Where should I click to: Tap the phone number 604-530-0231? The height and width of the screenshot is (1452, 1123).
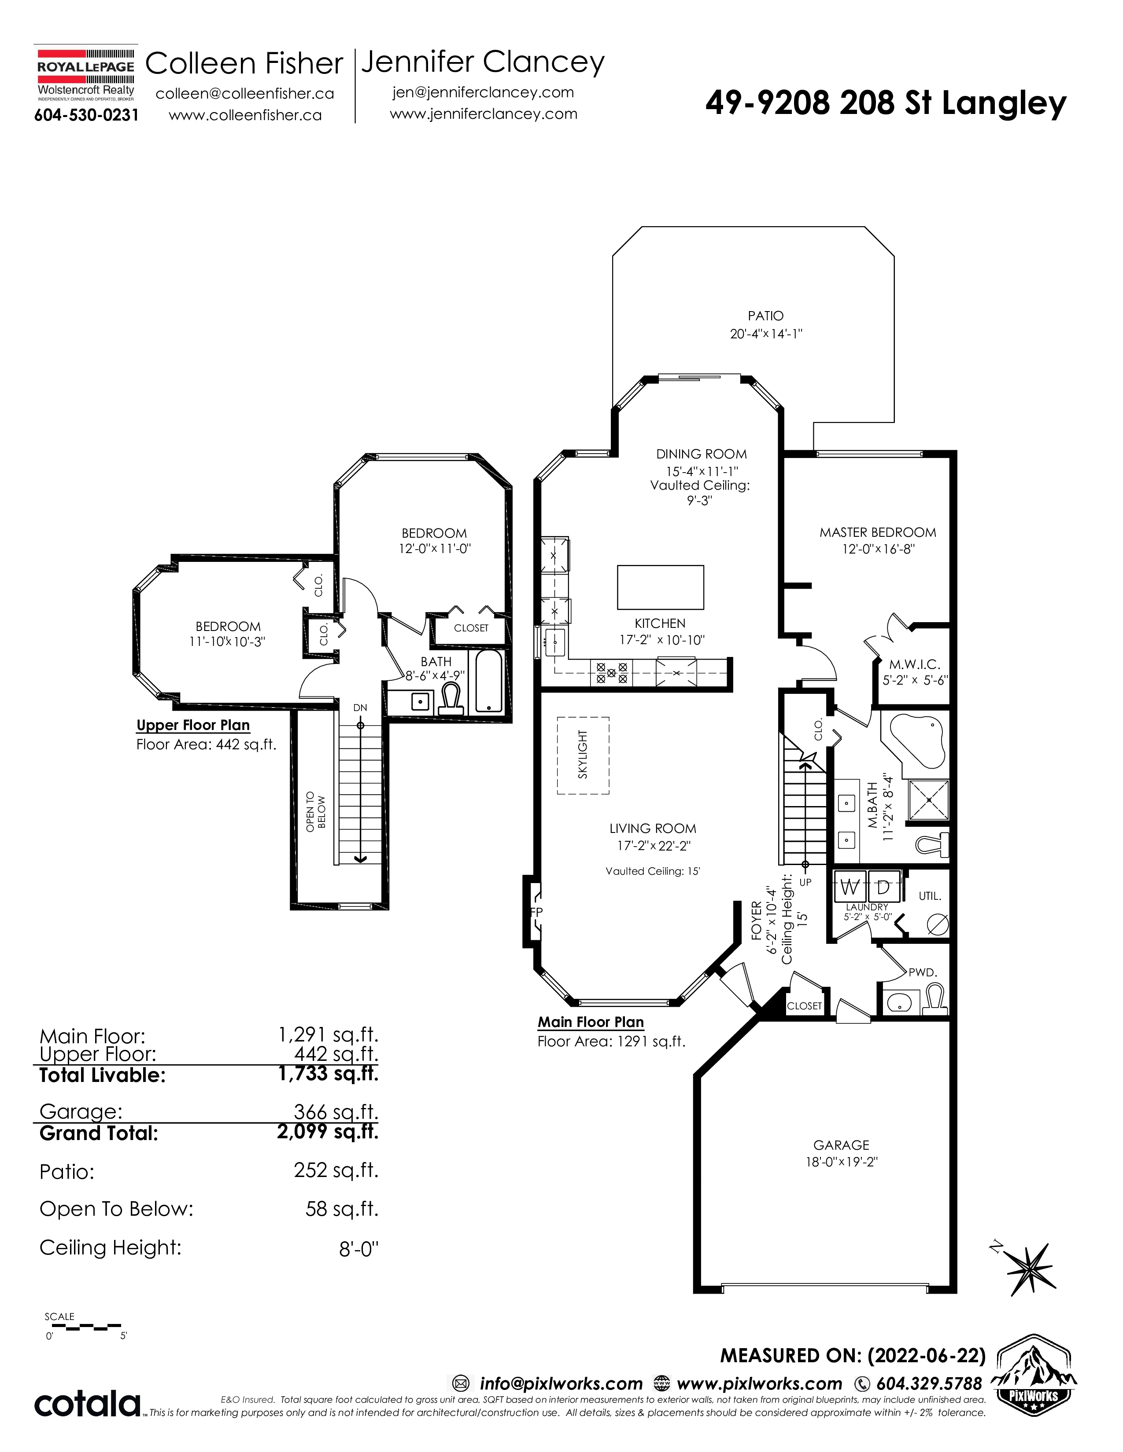(86, 115)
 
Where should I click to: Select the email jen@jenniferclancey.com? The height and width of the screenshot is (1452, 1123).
(483, 92)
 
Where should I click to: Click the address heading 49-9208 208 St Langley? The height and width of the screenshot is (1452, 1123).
(886, 103)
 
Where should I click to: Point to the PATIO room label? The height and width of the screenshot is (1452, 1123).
(766, 316)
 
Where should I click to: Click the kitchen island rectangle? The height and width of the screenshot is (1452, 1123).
(661, 587)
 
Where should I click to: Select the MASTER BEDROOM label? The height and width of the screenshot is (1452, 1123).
(878, 532)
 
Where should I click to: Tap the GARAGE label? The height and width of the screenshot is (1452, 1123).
(841, 1145)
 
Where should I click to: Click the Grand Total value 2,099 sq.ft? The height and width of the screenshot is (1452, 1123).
(328, 1132)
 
